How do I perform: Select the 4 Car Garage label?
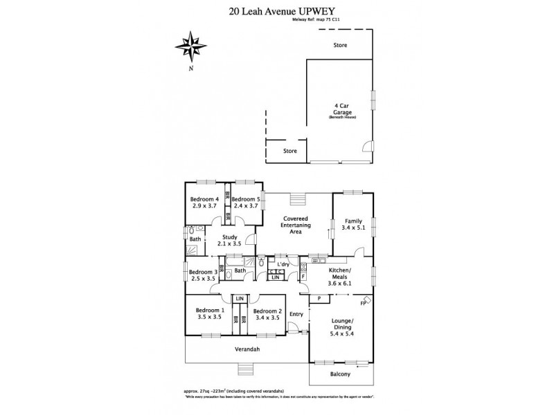tap(340, 111)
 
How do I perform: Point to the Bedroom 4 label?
tap(204, 203)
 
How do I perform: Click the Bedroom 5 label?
tap(246, 203)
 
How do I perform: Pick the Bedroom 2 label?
tap(268, 314)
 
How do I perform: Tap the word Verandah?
tap(247, 350)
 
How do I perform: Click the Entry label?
tap(296, 314)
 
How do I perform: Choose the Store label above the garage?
tap(339, 45)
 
